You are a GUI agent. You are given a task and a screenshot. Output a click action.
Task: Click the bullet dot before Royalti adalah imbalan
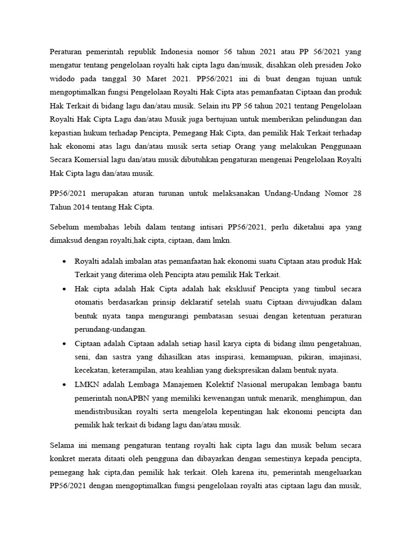tap(64, 261)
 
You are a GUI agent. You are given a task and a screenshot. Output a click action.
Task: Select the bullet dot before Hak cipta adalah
tap(64, 288)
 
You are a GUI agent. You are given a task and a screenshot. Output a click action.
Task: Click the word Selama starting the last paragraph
tap(62, 445)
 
